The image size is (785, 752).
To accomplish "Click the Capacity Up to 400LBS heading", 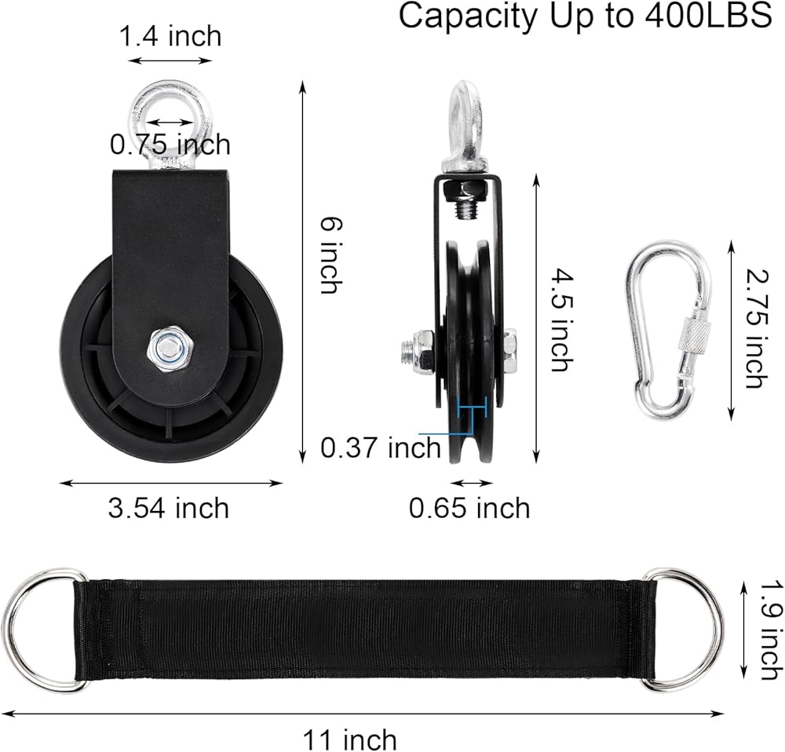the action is click(x=585, y=17).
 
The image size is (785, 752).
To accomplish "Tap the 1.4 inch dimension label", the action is click(x=170, y=37).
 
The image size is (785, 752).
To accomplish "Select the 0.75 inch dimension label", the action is click(x=170, y=144).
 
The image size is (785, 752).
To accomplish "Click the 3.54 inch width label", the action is click(x=169, y=508).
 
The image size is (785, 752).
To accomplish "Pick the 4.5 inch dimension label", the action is click(x=561, y=320).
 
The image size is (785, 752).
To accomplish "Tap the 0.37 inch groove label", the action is click(x=381, y=447).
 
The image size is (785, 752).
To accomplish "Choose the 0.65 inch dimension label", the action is click(x=469, y=508).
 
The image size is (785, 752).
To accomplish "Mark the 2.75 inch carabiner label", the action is click(x=757, y=328).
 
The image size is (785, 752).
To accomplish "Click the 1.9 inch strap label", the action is click(x=771, y=630).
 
